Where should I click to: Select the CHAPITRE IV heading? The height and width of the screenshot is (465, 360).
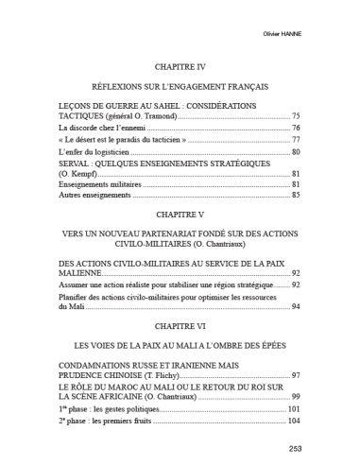click(179, 67)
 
